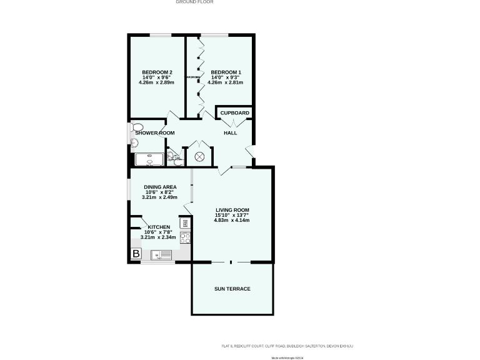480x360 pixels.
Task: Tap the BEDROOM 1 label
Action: pos(225,72)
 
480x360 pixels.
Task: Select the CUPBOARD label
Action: pos(234,113)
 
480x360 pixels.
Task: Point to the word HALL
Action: pos(231,132)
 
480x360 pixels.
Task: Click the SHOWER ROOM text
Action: pos(154,133)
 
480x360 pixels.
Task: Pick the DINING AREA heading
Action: pos(160,187)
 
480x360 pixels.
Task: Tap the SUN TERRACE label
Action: pos(232,289)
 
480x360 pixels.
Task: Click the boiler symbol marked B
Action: pos(136,254)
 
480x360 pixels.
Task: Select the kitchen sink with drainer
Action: pos(162,254)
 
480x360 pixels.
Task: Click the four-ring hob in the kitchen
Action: pos(185,237)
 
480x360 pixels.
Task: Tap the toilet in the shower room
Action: pos(137,127)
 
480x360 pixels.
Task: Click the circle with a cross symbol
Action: pos(200,156)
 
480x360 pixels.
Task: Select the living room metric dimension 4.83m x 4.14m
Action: pos(232,221)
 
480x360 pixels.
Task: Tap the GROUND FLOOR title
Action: pos(194,2)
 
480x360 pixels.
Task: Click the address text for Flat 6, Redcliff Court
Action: pos(291,346)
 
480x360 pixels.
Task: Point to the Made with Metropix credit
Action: pos(287,358)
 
